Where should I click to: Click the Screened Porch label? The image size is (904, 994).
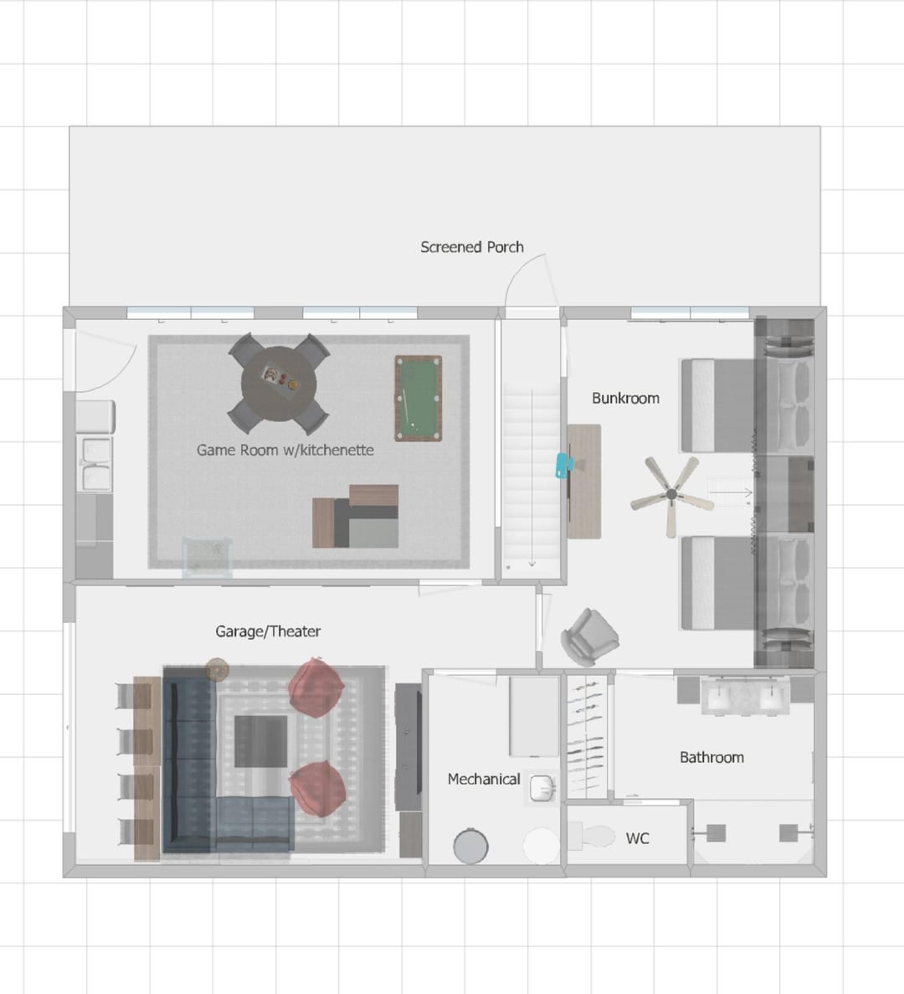tap(472, 247)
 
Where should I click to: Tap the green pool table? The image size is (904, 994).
tap(419, 398)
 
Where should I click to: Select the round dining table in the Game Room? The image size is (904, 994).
tap(279, 384)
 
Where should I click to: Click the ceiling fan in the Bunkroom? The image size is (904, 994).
tap(671, 494)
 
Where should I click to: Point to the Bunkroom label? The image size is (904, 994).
tap(625, 398)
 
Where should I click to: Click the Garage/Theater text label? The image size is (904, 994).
tap(268, 631)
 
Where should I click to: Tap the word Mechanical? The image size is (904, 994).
tap(484, 779)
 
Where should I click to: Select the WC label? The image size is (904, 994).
tap(637, 839)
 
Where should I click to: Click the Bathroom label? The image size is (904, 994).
tap(711, 758)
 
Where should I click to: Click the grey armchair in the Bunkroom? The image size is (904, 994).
tap(589, 637)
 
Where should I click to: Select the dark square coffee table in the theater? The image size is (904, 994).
tap(261, 741)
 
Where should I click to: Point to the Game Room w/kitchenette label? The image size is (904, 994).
tap(285, 450)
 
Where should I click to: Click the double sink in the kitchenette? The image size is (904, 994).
tap(95, 464)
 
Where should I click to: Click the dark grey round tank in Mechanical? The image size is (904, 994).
tap(470, 846)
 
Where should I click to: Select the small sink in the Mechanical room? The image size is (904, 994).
tap(542, 788)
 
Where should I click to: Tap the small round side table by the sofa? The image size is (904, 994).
tap(217, 669)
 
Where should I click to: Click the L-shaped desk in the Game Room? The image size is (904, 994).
tap(356, 516)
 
